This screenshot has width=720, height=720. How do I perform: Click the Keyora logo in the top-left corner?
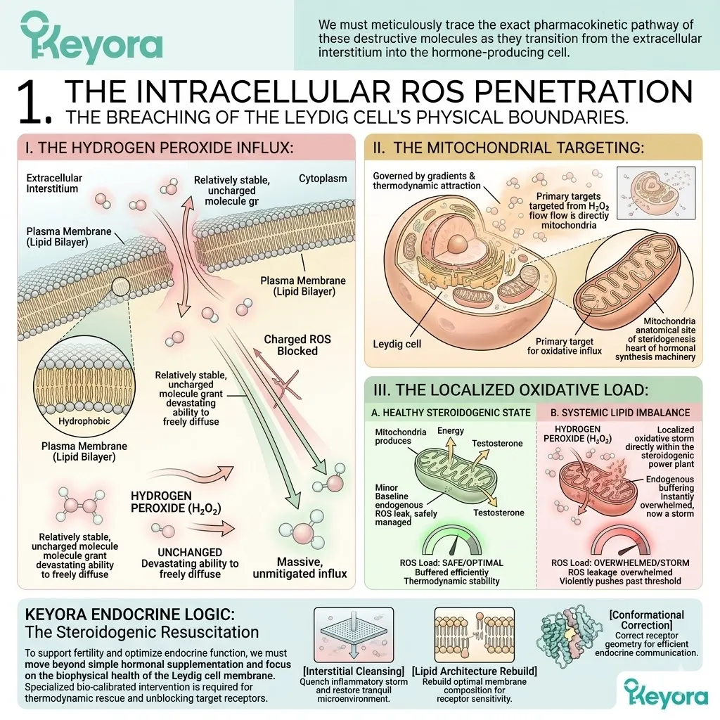(x=91, y=38)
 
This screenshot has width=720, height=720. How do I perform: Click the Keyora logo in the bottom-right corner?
(x=666, y=693)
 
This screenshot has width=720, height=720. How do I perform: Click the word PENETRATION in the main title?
(x=583, y=91)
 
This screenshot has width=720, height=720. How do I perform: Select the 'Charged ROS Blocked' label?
(x=297, y=345)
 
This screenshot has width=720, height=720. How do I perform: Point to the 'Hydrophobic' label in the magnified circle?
(x=84, y=421)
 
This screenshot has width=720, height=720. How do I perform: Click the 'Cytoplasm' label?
(x=323, y=179)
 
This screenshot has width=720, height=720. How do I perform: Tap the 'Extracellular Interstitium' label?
(x=54, y=184)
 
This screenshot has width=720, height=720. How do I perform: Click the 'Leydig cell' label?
(x=397, y=344)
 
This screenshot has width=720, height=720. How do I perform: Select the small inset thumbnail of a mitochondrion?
(x=656, y=193)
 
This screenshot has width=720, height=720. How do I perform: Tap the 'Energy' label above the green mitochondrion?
(x=451, y=431)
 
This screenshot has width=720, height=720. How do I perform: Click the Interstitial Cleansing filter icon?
(x=354, y=635)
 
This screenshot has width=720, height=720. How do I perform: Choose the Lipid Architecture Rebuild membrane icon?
(x=475, y=635)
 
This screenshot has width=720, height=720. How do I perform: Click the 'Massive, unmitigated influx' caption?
(x=300, y=568)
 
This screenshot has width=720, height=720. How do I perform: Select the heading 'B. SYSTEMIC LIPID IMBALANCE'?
(x=620, y=413)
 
